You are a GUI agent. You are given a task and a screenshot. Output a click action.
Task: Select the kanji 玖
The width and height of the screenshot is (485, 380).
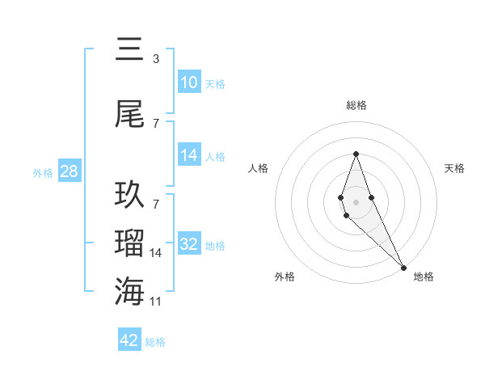pos(130,195)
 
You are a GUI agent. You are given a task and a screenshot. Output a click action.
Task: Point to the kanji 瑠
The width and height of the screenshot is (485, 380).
pos(130,243)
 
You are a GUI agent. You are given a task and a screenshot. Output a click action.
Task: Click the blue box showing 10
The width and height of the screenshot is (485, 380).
pos(189,82)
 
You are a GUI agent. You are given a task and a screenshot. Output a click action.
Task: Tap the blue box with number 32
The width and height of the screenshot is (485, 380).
pos(189,244)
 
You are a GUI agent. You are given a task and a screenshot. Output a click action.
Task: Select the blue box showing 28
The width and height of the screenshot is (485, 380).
pos(69,171)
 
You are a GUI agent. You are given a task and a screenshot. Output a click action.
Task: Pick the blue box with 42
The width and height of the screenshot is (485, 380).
pos(129,340)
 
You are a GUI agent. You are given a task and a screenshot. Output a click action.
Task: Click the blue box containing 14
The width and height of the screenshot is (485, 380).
pos(189,155)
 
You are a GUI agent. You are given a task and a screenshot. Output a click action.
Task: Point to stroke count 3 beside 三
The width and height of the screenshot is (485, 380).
pos(155,59)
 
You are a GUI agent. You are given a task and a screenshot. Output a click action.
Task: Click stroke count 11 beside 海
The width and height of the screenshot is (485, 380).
pos(157,302)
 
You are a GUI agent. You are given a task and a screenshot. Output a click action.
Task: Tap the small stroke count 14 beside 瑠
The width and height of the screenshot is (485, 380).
pos(157,253)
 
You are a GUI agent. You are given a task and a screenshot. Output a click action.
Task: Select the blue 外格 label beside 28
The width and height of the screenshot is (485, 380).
pos(43,172)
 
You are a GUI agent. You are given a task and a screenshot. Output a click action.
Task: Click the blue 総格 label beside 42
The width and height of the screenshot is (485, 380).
pos(155,342)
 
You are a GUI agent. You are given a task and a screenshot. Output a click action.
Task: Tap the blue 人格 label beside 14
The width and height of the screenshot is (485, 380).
pos(215,156)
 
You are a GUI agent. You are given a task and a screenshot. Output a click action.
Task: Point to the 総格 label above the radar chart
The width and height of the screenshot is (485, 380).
pos(356,105)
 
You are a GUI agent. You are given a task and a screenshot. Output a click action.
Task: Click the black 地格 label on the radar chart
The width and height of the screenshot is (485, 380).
pos(424,277)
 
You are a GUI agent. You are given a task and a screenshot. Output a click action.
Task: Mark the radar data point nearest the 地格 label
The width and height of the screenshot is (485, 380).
pos(403,266)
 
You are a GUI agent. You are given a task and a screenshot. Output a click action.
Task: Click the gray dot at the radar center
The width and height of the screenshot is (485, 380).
pos(356,201)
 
